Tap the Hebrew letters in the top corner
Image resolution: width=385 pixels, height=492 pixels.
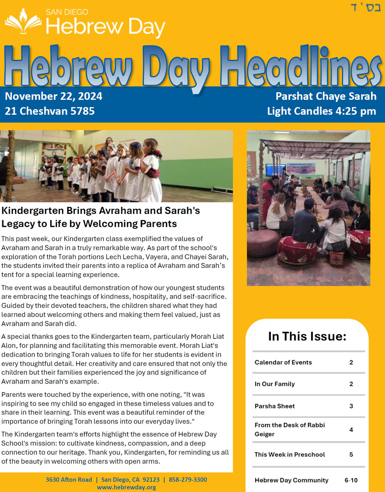click(365, 7)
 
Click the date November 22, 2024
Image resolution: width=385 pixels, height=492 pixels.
click(54, 96)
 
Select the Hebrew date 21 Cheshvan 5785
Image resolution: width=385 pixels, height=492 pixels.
click(50, 111)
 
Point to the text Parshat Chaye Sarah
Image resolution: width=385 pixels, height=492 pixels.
click(326, 96)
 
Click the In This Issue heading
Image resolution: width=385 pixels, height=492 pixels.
click(307, 336)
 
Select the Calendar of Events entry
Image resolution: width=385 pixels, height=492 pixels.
click(283, 362)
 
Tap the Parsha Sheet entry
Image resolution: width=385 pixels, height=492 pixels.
click(275, 406)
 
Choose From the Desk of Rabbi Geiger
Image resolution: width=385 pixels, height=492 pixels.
click(290, 429)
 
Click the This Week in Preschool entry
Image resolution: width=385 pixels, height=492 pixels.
click(290, 454)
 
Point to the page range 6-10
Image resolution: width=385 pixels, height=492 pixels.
click(351, 480)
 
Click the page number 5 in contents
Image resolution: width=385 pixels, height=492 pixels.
click(351, 454)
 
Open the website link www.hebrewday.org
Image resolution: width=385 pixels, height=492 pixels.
click(126, 487)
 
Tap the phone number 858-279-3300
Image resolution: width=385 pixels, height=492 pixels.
click(187, 480)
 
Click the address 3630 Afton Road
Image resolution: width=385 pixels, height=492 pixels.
click(69, 480)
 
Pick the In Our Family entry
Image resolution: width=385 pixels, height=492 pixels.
click(275, 384)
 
